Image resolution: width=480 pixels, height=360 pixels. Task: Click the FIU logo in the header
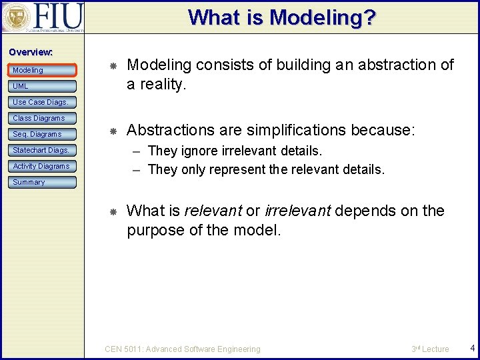click(43, 17)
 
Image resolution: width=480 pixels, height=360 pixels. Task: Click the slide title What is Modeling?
click(282, 17)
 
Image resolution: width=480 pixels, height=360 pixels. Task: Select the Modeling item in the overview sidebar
click(28, 70)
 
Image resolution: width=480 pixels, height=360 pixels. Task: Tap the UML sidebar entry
click(21, 86)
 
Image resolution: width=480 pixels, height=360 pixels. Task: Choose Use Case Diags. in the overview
click(40, 102)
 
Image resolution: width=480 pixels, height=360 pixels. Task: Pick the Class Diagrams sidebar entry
click(39, 118)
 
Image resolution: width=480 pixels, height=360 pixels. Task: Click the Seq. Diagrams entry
click(37, 134)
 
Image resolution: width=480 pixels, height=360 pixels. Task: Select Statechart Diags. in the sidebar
click(41, 150)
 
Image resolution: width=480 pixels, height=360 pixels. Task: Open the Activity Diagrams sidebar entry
click(41, 166)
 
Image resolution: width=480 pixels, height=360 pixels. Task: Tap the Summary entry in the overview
click(29, 182)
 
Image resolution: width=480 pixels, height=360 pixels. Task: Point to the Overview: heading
click(31, 52)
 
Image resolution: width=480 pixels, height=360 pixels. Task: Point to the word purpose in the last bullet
click(153, 231)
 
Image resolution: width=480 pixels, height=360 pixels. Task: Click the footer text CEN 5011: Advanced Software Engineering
click(183, 349)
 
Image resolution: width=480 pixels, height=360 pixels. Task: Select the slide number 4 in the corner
click(472, 348)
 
